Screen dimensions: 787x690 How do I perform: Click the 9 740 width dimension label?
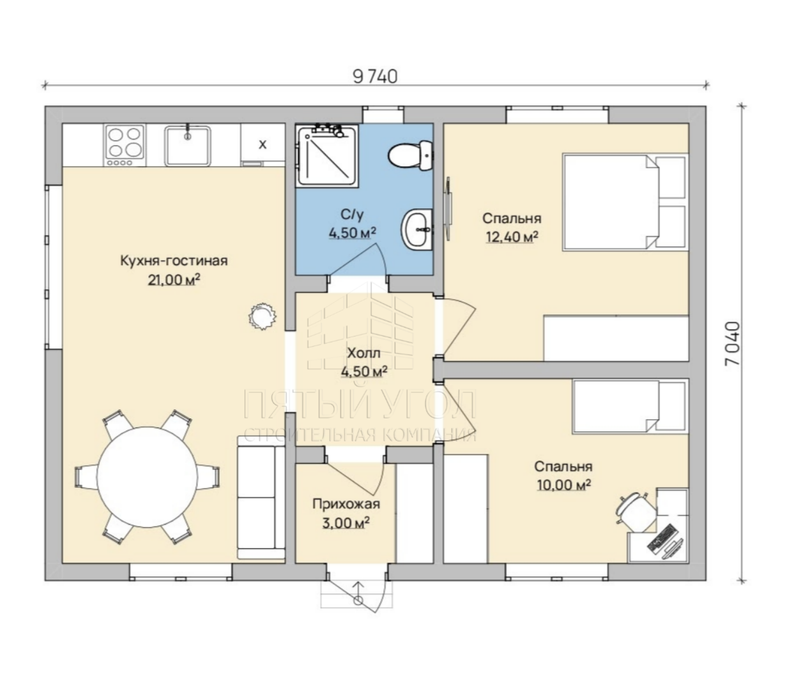[x=375, y=77]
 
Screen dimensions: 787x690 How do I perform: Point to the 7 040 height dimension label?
[x=732, y=344]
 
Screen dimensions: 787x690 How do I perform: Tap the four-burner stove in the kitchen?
[x=125, y=145]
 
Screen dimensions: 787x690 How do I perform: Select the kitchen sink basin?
[x=188, y=145]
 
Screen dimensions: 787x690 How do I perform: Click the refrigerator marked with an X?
[x=263, y=143]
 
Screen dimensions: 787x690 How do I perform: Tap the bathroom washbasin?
[x=416, y=229]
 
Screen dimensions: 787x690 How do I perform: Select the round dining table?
[x=147, y=477]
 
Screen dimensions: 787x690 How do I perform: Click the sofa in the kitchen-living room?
[x=261, y=498]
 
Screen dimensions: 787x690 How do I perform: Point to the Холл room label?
[x=363, y=353]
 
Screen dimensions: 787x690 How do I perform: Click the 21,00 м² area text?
[x=174, y=280]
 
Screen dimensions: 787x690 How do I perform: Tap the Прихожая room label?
[x=346, y=504]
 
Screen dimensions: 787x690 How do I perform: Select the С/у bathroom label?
[x=352, y=214]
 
